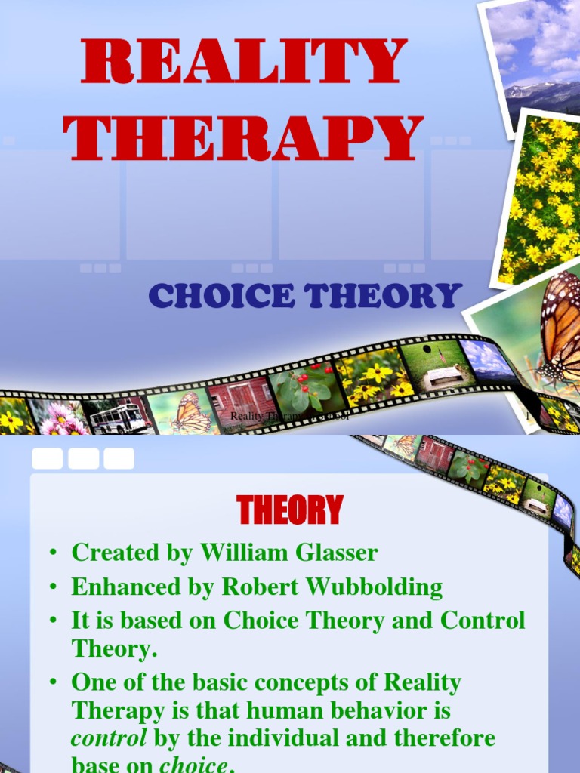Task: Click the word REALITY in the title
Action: click(x=243, y=63)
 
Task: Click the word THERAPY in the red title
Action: click(x=243, y=138)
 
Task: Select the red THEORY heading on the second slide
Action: click(x=290, y=511)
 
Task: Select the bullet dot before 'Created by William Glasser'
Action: click(x=53, y=553)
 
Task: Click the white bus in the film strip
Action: click(x=119, y=417)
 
